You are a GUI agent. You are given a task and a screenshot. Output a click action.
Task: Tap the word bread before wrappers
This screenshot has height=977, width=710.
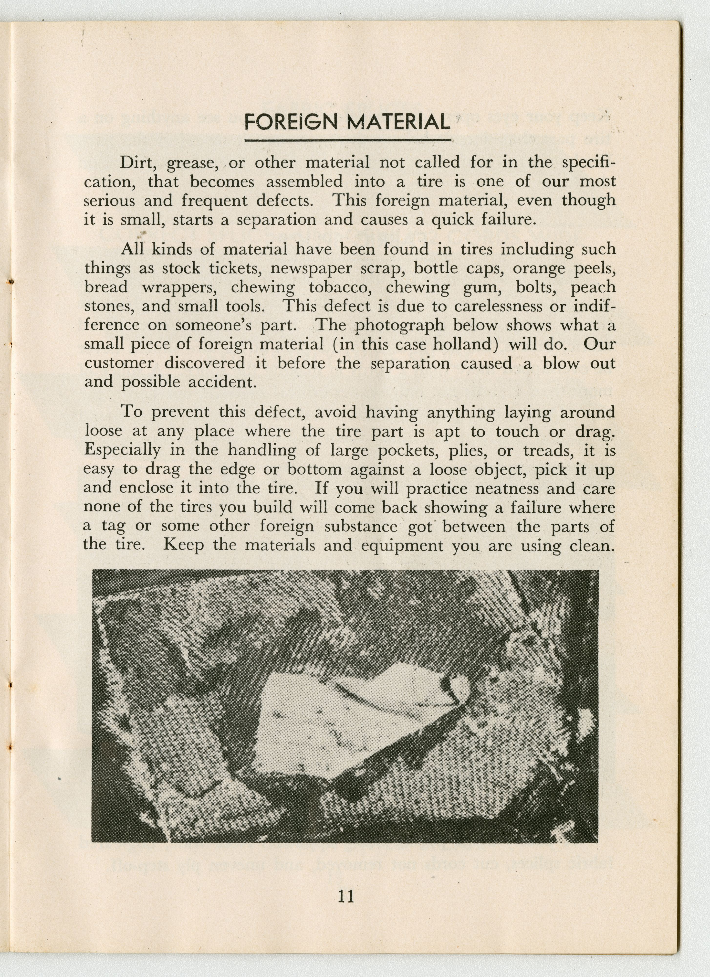tap(106, 287)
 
